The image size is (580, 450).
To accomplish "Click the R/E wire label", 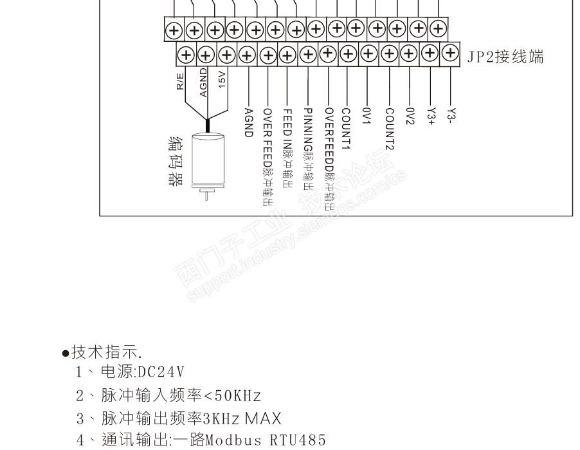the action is point(180,81).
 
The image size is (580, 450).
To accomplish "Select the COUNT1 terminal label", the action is point(346,129).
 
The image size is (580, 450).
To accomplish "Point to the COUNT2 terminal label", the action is point(390,129).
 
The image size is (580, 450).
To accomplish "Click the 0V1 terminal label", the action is point(367,116).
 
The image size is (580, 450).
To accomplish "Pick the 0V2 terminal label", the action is point(410,117).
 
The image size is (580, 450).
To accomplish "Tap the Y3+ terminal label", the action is point(431,117).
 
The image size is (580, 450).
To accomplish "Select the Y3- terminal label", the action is point(451,115).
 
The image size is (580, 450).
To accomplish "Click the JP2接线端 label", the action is point(505,57).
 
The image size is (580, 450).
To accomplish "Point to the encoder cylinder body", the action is point(208,160).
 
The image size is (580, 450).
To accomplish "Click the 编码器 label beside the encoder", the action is point(176,162).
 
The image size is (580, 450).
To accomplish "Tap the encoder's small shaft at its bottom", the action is point(206,195).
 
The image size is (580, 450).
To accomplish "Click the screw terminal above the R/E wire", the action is point(186,55).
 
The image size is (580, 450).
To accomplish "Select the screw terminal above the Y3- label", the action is point(450,53).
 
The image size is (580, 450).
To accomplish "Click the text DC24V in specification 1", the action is point(161,372).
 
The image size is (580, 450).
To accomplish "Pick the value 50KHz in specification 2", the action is point(238,395).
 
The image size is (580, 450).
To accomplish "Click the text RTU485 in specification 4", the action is point(298,440).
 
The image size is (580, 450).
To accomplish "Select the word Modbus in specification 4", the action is point(233,440).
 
